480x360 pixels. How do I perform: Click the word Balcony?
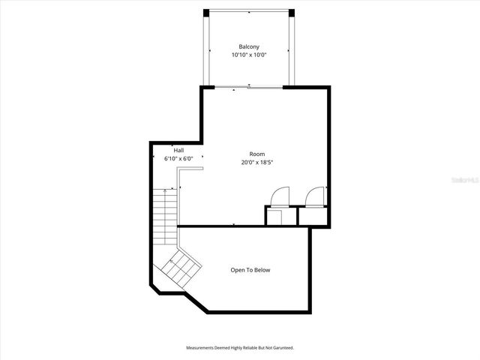[x=248, y=46]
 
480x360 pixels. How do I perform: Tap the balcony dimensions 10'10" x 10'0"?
[x=248, y=55]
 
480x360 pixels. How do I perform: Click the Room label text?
[x=256, y=154]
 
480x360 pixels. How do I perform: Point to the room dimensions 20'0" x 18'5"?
[x=256, y=163]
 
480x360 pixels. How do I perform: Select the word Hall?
[x=178, y=150]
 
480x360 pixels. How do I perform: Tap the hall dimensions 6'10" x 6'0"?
[x=178, y=158]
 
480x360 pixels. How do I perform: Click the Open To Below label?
[x=250, y=270]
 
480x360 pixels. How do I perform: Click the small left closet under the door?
[x=274, y=217]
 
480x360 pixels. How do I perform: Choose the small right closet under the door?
[x=313, y=217]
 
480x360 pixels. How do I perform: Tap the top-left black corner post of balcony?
[x=207, y=13]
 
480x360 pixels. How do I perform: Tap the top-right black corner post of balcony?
[x=290, y=13]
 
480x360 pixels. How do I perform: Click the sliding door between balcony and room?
[x=248, y=88]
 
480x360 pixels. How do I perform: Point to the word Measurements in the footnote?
[x=202, y=348]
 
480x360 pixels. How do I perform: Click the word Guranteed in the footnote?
[x=280, y=348]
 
